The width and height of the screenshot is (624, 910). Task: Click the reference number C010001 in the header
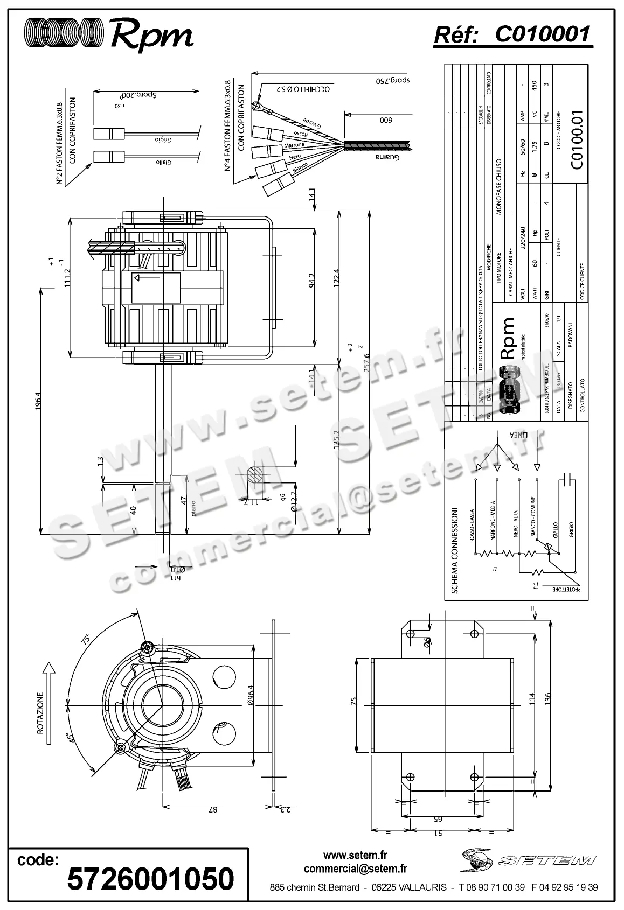pos(542,34)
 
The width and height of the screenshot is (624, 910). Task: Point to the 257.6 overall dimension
pos(367,369)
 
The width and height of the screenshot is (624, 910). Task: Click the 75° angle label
pos(85,640)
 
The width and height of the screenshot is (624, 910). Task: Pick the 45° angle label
pos(69,739)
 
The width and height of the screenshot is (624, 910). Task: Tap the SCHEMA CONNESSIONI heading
pos(454,550)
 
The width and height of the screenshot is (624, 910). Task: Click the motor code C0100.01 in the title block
pos(577,141)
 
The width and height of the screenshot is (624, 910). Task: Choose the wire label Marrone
pos(294,145)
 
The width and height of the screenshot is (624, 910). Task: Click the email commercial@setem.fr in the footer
pos(355,868)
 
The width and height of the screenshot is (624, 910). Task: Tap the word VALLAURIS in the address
pos(422,887)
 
